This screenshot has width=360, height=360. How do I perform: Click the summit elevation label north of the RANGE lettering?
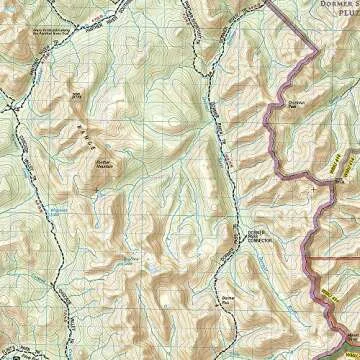pos(78,96)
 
